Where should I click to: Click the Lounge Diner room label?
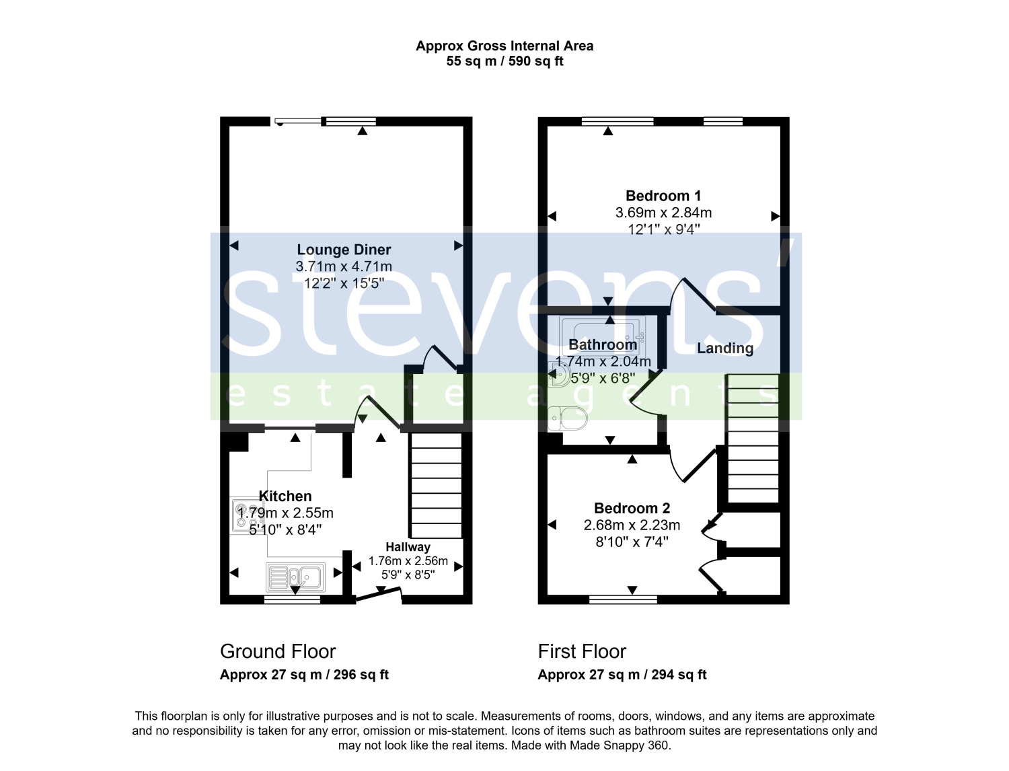point(344,250)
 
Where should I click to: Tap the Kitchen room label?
point(285,496)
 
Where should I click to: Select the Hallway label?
point(408,547)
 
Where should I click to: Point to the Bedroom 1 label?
point(663,196)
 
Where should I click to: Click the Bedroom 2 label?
point(632,508)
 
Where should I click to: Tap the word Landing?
point(725,348)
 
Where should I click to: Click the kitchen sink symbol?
point(295,577)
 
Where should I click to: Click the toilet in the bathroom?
point(567,418)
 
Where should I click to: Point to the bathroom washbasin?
point(558,374)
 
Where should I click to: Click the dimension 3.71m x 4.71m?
point(344,266)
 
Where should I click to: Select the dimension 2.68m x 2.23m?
point(632,525)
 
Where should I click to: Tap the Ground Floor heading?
point(278,651)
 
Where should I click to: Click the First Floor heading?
point(582,651)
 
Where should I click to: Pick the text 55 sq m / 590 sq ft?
point(504,61)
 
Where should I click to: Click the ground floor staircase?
point(436,486)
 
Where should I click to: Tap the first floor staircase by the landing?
point(753,439)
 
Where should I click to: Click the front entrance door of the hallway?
point(379,595)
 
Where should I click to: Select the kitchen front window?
point(292,599)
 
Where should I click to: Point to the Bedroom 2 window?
point(624,599)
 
